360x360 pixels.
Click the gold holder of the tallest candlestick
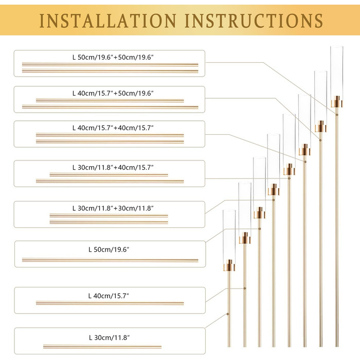click(x=336, y=103)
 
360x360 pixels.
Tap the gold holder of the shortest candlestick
click(x=229, y=266)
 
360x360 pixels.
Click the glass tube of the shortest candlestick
click(x=229, y=234)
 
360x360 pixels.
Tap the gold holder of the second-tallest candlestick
click(x=321, y=127)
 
